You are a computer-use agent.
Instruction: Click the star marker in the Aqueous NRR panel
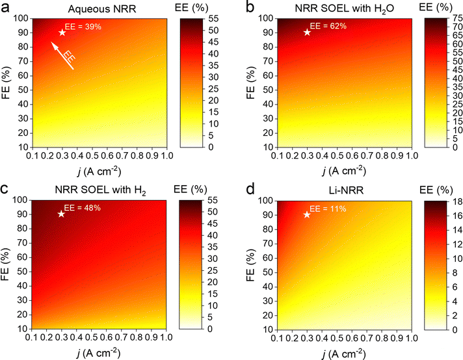click(62, 32)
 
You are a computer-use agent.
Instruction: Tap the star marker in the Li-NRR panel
click(307, 214)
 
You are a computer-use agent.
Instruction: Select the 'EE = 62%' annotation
click(328, 27)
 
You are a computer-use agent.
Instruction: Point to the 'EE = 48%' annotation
click(83, 209)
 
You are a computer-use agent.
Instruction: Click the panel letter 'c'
click(5, 189)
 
